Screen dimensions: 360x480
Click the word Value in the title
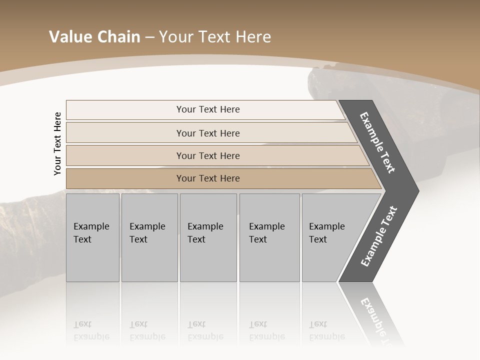tap(70, 37)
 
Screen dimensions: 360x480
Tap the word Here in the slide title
tap(253, 37)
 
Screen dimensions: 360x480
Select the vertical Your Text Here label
tap(57, 143)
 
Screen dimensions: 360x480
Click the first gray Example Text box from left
tap(92, 237)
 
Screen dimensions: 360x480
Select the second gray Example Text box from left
tap(149, 237)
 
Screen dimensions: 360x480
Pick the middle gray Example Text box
tap(208, 237)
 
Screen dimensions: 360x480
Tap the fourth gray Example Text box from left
tap(269, 237)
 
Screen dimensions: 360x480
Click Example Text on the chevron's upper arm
tap(377, 143)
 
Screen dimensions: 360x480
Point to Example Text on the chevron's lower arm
tap(379, 236)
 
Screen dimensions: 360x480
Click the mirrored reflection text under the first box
tap(91, 330)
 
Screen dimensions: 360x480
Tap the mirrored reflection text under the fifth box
tap(327, 330)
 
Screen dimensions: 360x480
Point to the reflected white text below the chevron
tap(377, 320)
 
